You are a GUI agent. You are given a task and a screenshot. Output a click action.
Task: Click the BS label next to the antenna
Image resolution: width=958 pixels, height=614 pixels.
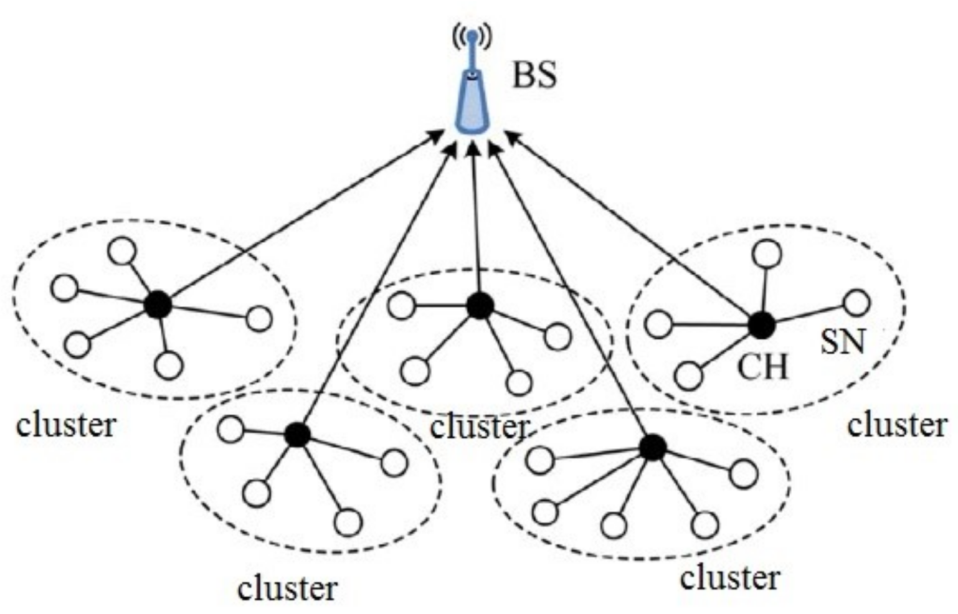534,77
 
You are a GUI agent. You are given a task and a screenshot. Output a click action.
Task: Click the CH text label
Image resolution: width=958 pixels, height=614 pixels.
762,367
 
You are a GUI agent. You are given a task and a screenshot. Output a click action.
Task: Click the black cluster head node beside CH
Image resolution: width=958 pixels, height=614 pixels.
761,324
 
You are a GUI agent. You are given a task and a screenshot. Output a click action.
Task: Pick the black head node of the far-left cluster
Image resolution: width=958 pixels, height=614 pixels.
158,305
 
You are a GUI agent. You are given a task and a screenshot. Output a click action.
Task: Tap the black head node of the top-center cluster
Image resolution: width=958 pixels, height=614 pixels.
480,306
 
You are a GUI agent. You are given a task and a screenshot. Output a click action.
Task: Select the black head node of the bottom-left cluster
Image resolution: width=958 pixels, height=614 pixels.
297,435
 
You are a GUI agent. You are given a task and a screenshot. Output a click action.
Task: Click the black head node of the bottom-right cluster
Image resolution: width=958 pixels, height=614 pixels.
653,447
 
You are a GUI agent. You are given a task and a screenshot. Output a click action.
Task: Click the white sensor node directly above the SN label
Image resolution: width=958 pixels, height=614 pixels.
857,303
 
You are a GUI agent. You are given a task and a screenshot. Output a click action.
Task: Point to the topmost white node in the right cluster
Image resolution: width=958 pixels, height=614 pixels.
767,253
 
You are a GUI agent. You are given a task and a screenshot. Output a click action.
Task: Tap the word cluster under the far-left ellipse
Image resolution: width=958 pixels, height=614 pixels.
66,425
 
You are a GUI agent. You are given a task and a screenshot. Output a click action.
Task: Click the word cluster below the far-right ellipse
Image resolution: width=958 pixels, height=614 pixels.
897,425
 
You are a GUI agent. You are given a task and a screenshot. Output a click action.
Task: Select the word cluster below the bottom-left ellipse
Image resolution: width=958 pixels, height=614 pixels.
288,587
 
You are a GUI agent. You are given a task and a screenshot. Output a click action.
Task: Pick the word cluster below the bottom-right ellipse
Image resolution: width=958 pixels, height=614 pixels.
729,577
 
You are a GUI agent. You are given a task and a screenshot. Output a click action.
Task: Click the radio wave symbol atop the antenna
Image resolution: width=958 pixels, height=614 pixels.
472,36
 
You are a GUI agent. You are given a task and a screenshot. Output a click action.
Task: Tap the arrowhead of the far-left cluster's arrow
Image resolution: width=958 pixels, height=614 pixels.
436,135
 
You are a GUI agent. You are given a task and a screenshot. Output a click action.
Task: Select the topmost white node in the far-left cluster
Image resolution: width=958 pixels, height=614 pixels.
122,251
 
